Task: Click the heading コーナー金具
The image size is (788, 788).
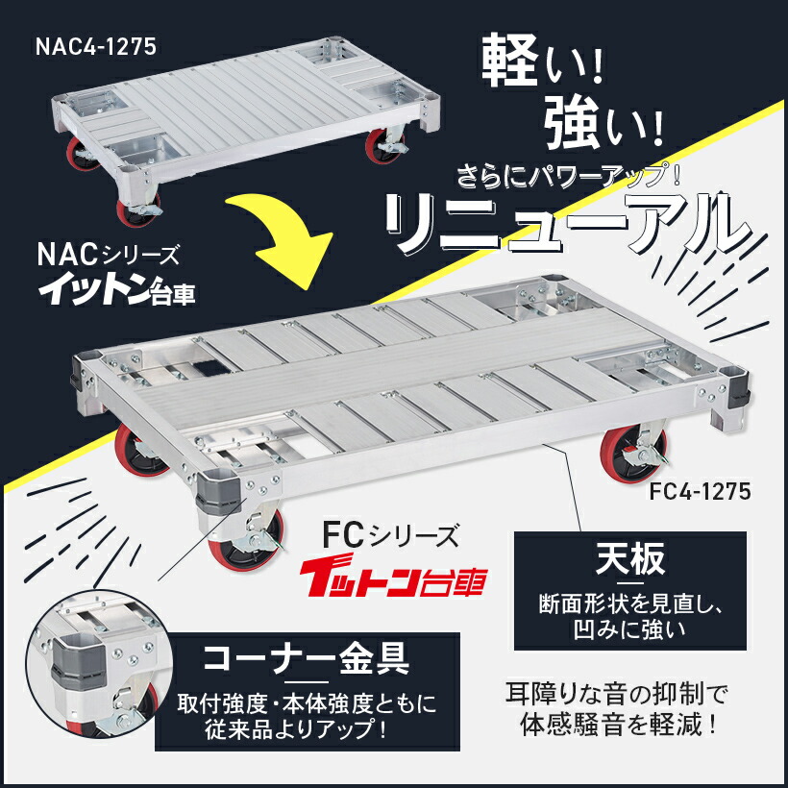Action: [x=307, y=659]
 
